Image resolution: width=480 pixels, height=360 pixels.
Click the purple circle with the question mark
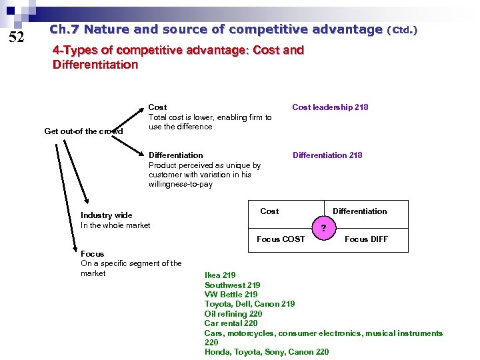click(x=323, y=228)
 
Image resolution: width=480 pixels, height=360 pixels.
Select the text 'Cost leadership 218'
click(x=330, y=107)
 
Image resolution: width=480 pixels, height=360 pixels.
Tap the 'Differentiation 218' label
click(x=327, y=155)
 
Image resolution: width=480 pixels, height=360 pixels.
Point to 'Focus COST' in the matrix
click(x=281, y=239)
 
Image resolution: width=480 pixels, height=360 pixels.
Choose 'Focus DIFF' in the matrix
click(x=366, y=239)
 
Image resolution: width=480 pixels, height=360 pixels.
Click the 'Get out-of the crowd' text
click(x=83, y=131)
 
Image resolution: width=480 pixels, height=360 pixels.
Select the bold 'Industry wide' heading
click(x=107, y=215)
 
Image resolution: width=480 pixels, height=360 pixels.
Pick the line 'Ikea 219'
click(x=220, y=275)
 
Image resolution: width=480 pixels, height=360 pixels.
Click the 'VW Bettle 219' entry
click(x=231, y=295)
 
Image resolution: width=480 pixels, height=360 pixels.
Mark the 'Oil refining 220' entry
click(x=233, y=314)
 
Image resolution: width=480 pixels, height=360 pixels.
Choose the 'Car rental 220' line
click(x=231, y=323)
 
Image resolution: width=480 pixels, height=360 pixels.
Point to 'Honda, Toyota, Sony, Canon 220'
click(x=267, y=352)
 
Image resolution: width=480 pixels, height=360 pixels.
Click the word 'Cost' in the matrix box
click(x=269, y=211)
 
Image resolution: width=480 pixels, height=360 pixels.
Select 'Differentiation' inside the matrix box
click(x=359, y=211)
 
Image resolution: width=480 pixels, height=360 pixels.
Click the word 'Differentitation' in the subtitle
click(x=95, y=65)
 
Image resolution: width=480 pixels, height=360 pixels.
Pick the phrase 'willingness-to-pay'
click(x=181, y=185)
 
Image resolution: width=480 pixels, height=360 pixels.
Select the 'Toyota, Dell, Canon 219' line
click(x=250, y=304)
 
